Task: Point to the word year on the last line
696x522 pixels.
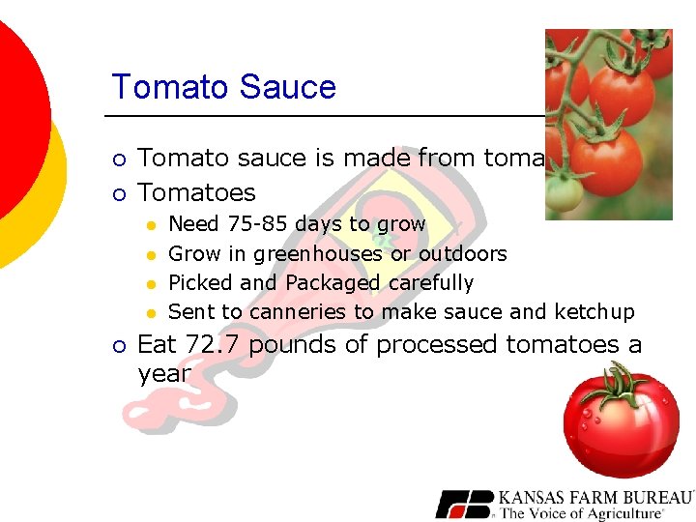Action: [x=164, y=374]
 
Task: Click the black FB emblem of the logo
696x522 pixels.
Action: [x=465, y=505]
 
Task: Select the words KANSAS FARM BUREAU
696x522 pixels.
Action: [x=595, y=498]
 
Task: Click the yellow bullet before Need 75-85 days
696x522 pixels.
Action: [x=152, y=225]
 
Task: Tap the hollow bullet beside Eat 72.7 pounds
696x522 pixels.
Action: [x=119, y=346]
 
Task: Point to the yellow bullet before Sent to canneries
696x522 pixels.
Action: [x=152, y=313]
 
